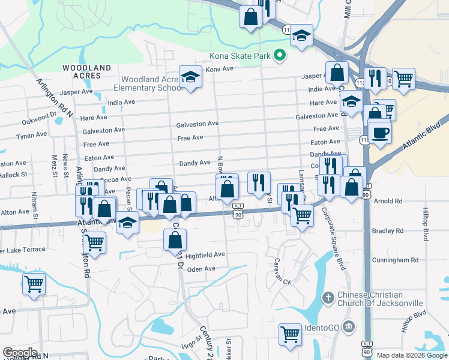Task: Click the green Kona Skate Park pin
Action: (x=279, y=56)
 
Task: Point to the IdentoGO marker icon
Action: (x=351, y=326)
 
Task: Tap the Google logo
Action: (x=20, y=353)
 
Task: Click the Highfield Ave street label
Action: (x=205, y=254)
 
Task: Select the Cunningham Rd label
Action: (x=394, y=260)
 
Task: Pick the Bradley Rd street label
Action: (x=387, y=230)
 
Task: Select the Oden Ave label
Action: (x=201, y=269)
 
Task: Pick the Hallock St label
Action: (x=14, y=175)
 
